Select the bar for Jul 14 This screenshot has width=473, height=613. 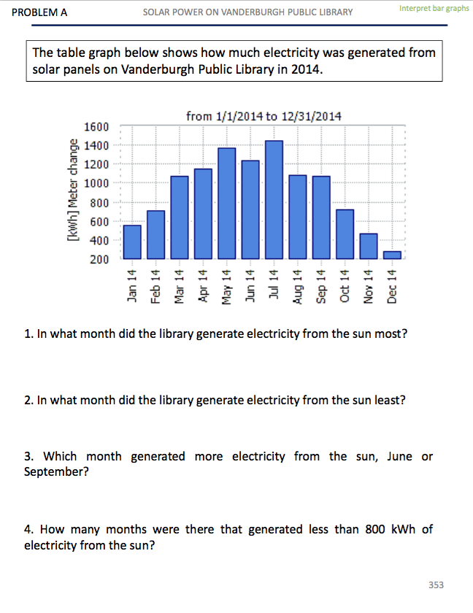[274, 199]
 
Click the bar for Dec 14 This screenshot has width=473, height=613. [393, 255]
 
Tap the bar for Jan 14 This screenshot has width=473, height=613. [132, 242]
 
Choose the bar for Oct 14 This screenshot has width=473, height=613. [345, 234]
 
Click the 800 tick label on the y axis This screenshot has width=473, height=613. [99, 202]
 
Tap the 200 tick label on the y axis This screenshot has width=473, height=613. [99, 259]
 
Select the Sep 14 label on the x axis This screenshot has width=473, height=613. [321, 286]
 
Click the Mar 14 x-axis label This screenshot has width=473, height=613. [180, 286]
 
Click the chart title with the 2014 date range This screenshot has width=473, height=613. [264, 116]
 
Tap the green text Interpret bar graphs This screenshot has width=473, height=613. [434, 8]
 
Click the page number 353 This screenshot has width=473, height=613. [436, 585]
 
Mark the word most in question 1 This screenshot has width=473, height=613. [391, 334]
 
